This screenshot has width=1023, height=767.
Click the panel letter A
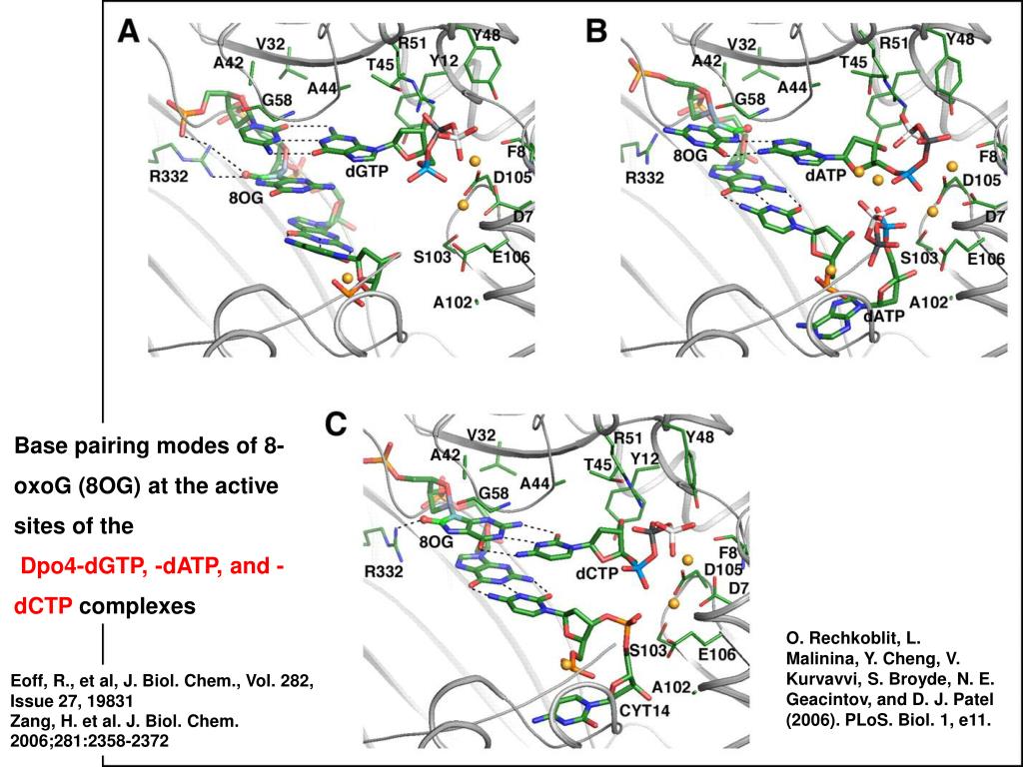click(x=129, y=33)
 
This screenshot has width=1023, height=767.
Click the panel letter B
click(x=596, y=33)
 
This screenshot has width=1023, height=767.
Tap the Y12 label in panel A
click(x=444, y=61)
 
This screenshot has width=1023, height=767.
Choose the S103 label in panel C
click(x=646, y=650)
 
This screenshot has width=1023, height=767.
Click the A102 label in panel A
click(x=452, y=303)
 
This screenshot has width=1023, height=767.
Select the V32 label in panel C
click(x=482, y=434)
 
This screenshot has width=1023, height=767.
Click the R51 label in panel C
click(x=626, y=438)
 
